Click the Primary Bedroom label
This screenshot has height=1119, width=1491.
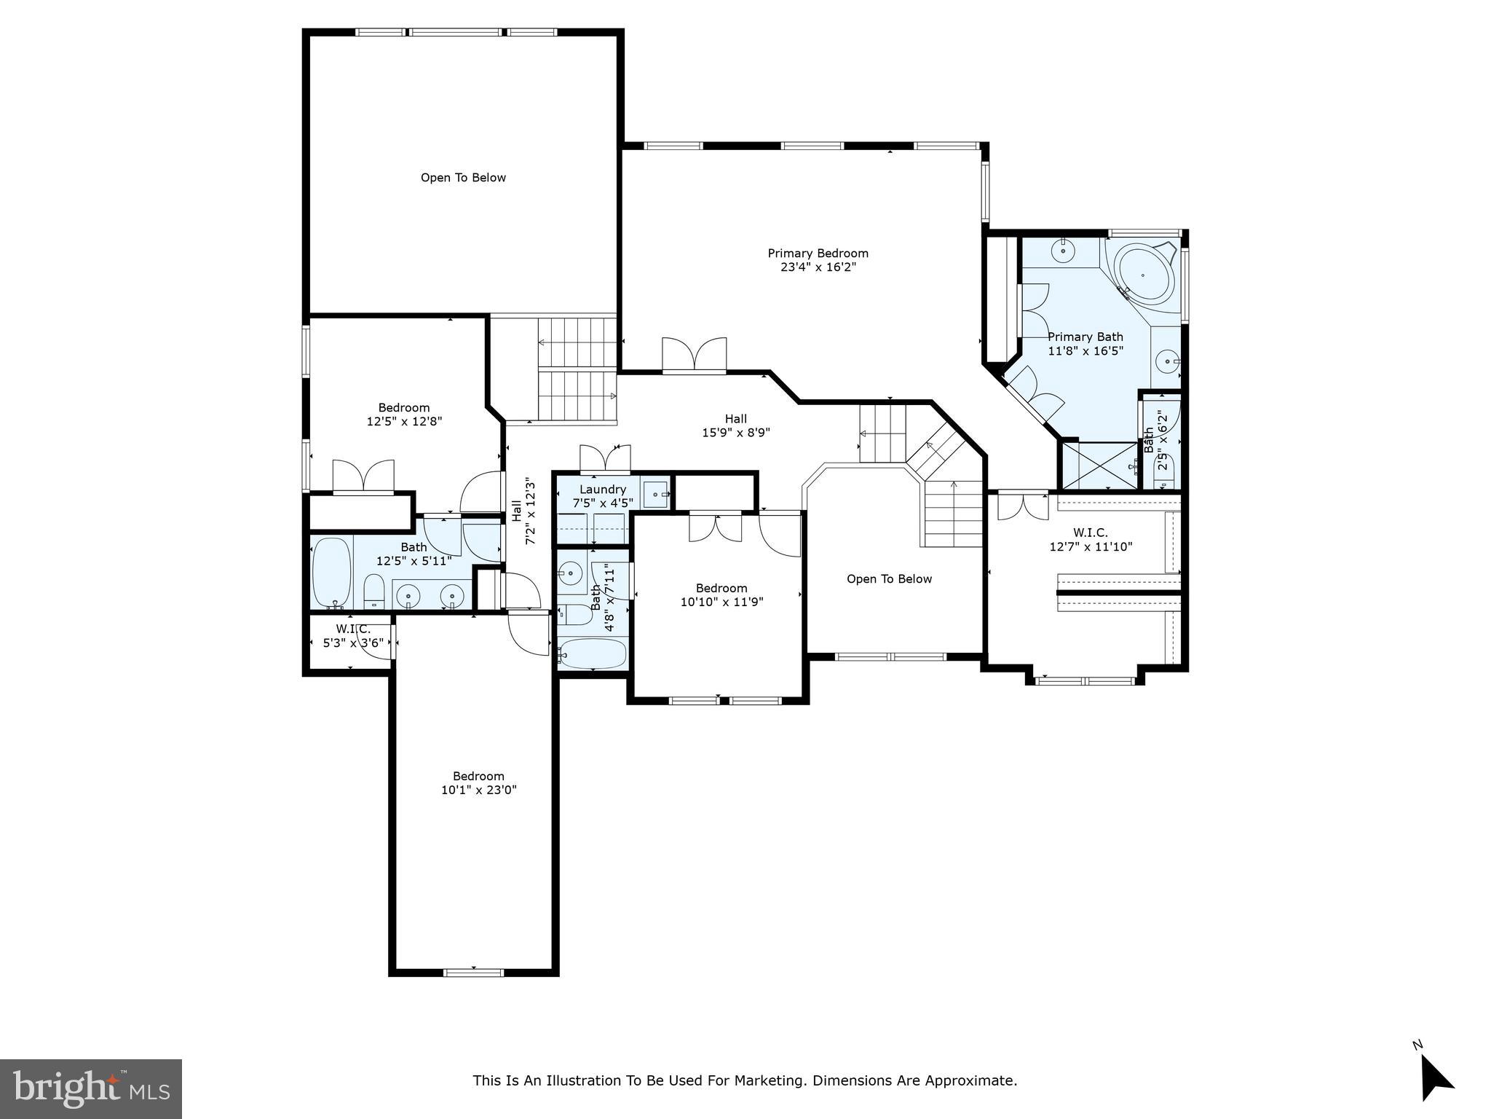pos(818,254)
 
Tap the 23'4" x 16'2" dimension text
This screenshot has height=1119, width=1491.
pos(818,267)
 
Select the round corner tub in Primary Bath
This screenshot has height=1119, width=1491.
pos(1144,276)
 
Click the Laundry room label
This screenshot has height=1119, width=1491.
pos(603,490)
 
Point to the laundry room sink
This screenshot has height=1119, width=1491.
pos(657,494)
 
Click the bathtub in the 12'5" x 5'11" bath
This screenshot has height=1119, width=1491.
pos(332,573)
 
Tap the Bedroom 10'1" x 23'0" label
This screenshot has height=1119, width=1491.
pos(478,777)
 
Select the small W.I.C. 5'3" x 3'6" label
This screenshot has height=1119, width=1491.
pos(353,629)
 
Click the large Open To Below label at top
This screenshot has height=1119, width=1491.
pos(463,178)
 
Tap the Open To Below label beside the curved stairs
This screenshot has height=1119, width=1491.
pos(889,579)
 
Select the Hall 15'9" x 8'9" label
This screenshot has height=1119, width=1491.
pos(735,419)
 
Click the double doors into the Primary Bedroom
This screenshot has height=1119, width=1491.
pos(694,356)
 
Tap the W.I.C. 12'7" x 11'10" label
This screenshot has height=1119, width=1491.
pos(1090,533)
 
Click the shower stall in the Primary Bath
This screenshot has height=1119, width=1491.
pos(1099,466)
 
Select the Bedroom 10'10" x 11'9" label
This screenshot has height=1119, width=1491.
pos(721,589)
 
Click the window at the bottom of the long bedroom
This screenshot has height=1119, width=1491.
pos(474,972)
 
